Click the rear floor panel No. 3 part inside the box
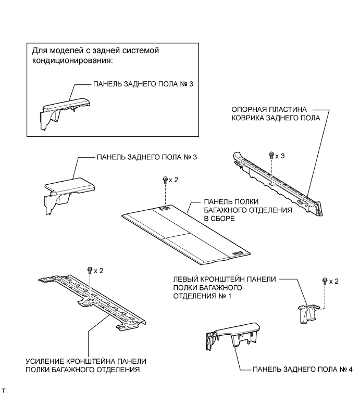(x=60, y=110)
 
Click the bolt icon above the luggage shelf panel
(x=165, y=180)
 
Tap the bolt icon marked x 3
(x=271, y=155)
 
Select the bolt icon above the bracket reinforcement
(x=90, y=270)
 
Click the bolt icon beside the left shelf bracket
(x=325, y=281)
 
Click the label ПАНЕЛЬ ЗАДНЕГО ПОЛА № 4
(x=302, y=369)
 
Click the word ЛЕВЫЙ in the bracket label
(x=185, y=278)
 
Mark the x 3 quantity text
(x=280, y=155)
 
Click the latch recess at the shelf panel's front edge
(x=237, y=253)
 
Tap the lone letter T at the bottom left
(x=4, y=389)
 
